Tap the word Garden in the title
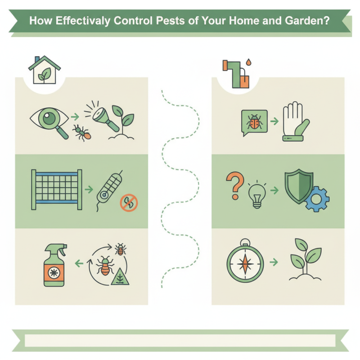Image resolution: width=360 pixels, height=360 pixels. tap(301, 21)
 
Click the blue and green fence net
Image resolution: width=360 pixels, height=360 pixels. tap(57, 189)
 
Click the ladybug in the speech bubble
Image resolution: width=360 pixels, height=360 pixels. tap(254, 121)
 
